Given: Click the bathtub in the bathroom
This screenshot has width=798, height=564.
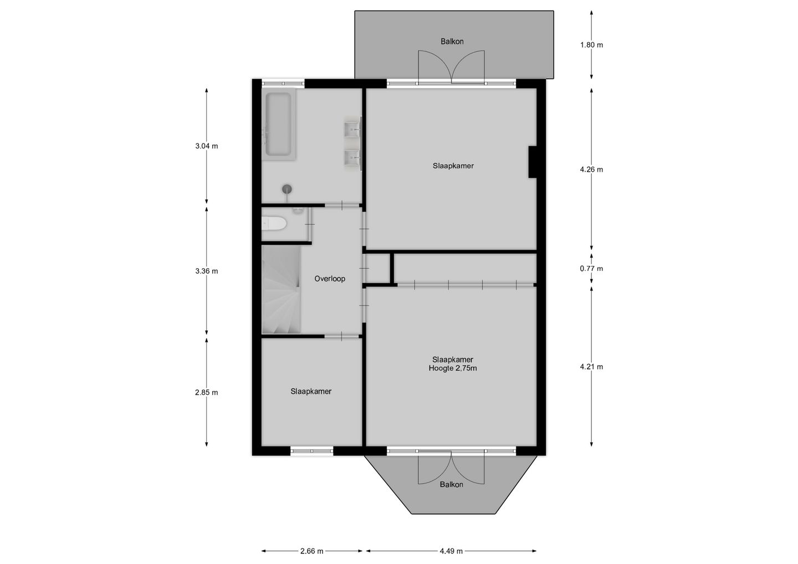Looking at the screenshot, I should click(x=278, y=125).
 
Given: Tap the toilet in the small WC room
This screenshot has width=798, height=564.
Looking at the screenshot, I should click(x=274, y=223).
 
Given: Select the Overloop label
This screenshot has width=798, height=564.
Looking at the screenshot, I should click(x=330, y=279).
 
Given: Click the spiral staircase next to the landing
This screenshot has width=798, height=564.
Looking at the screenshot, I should click(x=281, y=291).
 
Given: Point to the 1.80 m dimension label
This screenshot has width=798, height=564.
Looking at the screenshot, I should click(x=591, y=45).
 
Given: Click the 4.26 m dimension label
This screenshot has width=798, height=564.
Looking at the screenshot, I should click(x=591, y=170).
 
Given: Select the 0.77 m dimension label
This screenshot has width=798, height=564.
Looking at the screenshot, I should click(x=591, y=269).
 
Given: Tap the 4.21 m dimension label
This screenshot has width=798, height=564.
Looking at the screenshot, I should click(x=591, y=367).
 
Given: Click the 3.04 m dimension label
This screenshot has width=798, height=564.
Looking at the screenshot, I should click(x=207, y=146).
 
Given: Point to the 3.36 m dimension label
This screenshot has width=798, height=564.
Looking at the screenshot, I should click(x=207, y=271).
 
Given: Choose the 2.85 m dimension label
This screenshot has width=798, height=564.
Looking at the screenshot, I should click(x=207, y=392).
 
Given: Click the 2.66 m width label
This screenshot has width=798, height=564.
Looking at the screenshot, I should click(x=311, y=551).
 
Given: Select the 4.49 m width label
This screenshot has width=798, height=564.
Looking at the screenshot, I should click(x=451, y=551).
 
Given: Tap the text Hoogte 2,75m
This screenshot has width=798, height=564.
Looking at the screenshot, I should click(x=453, y=368).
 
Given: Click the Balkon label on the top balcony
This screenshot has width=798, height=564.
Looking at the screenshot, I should click(x=452, y=42).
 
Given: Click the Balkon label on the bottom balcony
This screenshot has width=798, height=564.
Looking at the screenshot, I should click(x=452, y=484).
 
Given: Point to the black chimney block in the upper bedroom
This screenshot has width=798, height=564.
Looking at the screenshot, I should click(x=533, y=162).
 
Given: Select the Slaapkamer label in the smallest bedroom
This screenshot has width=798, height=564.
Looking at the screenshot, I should click(x=311, y=391).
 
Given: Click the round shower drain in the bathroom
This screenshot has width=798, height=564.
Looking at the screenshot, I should click(x=287, y=189).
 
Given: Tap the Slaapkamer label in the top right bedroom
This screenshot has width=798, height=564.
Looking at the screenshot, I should click(x=453, y=166).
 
